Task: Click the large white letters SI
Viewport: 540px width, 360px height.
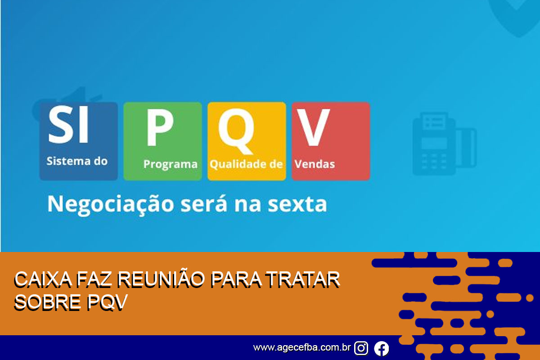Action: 68,124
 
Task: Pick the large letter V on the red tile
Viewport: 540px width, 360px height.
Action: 313,127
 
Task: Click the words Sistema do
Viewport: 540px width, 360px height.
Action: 77,161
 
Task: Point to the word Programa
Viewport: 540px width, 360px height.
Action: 171,164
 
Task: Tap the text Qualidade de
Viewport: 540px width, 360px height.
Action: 246,164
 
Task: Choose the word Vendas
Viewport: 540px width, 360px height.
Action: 315,164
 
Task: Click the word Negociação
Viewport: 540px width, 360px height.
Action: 111,204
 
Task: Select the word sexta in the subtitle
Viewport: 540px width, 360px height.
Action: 297,204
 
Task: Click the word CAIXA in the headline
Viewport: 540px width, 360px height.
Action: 43,280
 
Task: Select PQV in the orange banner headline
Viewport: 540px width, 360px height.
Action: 107,302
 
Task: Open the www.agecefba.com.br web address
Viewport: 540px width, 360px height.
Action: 302,348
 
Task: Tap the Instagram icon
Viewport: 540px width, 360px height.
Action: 361,348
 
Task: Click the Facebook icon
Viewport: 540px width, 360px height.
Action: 382,348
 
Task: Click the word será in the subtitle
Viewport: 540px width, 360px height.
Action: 204,204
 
